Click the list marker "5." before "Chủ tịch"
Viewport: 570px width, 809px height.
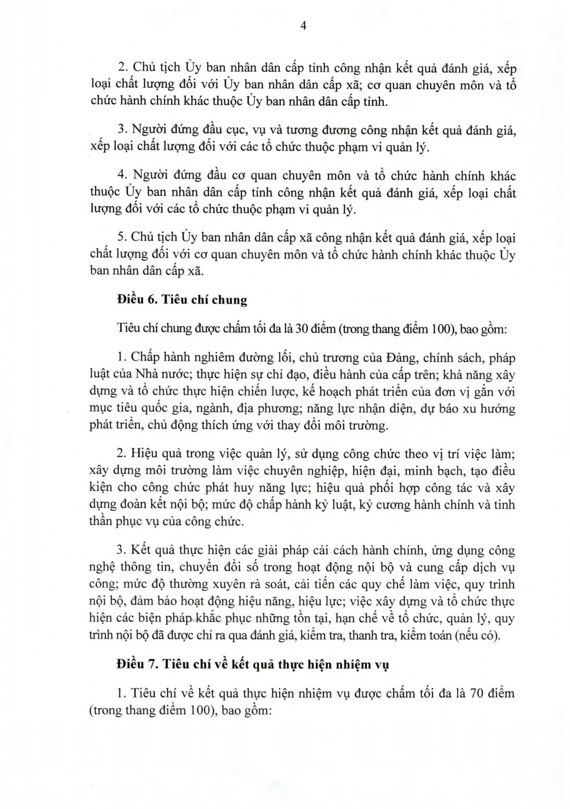(122, 237)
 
